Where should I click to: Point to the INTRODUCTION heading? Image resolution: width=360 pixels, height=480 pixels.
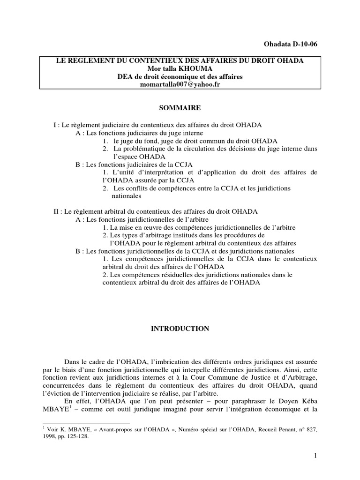tap(180, 329)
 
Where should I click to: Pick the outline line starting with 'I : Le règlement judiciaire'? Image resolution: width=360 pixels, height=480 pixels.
tap(157, 126)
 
